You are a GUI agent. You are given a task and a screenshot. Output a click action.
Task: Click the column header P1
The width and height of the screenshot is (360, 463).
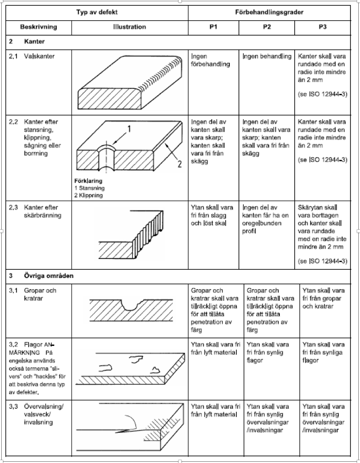pos(213,27)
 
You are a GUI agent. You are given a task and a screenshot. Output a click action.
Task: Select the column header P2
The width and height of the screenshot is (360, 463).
pos(267,27)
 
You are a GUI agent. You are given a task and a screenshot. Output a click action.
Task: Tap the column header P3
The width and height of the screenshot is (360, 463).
pos(323,27)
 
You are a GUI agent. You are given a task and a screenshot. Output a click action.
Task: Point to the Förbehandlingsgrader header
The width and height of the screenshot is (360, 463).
pos(269,12)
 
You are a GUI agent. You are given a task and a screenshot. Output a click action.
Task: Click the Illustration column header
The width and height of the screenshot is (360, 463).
pos(129,27)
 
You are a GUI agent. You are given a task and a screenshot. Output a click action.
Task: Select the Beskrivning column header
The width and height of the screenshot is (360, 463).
pos(38,27)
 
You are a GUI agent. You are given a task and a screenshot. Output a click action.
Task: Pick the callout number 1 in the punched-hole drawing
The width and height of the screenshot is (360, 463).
pos(129,129)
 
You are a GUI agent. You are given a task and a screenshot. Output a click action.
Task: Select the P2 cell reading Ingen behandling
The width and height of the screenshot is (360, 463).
pos(267,56)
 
